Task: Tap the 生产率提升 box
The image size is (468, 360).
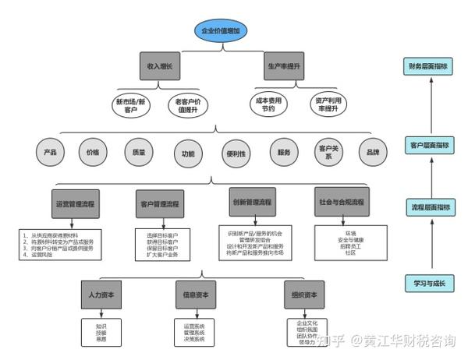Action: pos(283,67)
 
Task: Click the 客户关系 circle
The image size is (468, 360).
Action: pos(328,153)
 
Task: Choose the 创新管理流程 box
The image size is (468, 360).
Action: pos(251,201)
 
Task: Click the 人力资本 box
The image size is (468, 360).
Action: pos(101,295)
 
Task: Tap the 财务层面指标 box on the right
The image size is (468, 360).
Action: pos(428,67)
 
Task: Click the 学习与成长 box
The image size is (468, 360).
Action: pos(428,283)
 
